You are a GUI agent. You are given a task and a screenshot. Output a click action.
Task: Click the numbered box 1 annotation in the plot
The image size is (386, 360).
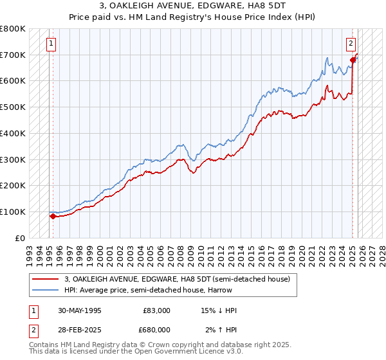pos(51,44)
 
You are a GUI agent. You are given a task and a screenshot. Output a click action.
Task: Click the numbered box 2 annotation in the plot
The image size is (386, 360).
pos(351,44)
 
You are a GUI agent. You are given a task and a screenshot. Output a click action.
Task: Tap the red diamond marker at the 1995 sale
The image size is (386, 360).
pos(53,216)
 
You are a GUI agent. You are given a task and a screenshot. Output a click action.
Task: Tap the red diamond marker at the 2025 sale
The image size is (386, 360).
pos(353,60)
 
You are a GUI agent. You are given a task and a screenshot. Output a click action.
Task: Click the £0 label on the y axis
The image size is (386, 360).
pos(21,238)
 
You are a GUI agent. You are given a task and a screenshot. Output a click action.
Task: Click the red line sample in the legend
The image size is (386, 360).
pos(45,279)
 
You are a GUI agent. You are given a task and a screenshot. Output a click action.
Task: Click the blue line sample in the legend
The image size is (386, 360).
pos(45,290)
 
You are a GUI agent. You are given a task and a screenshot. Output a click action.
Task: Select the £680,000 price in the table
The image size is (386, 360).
pos(157,328)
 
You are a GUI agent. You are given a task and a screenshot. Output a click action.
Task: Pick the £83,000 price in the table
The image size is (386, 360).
pos(157,310)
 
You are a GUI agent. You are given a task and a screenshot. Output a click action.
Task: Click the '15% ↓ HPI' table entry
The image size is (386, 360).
pos(218,310)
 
